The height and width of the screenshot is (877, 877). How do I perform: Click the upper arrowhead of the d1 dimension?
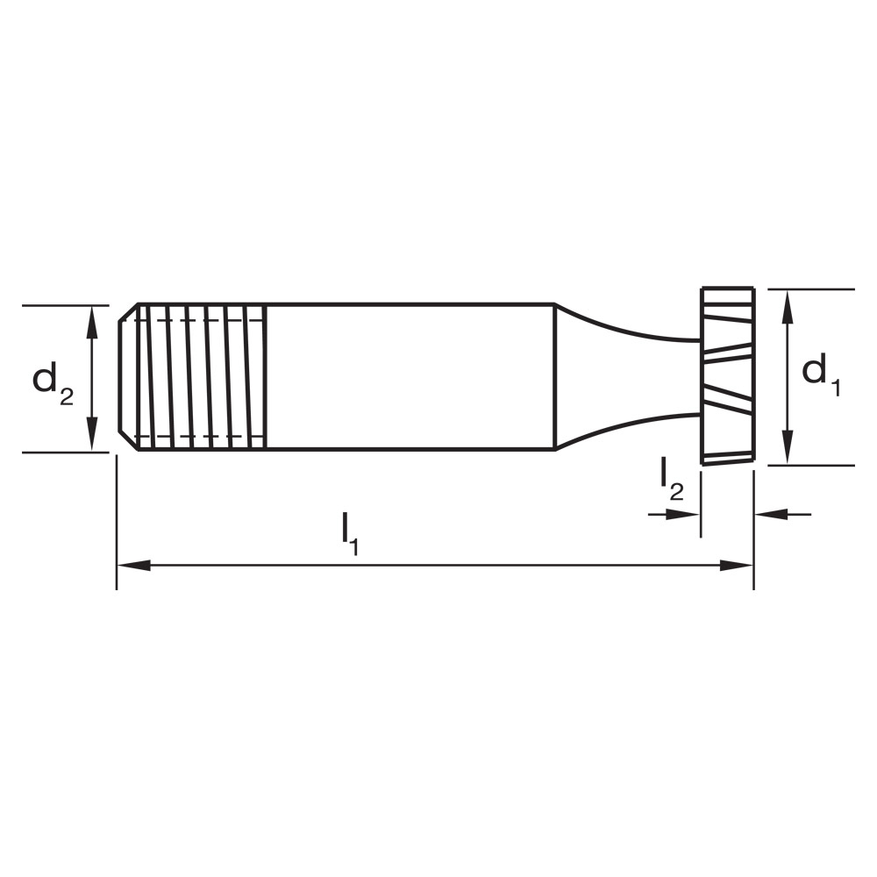[x=788, y=301]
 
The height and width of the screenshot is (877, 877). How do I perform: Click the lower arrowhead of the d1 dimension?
[x=788, y=453]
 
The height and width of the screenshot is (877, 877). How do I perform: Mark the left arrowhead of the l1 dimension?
[x=130, y=566]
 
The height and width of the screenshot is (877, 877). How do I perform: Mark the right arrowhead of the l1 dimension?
[x=741, y=566]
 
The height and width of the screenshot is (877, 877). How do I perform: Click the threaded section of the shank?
[x=202, y=377]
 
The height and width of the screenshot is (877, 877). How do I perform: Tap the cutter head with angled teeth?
[x=727, y=375]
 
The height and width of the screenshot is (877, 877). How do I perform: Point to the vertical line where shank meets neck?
[x=555, y=377]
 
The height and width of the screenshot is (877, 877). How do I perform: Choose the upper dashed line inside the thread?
[x=202, y=320]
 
